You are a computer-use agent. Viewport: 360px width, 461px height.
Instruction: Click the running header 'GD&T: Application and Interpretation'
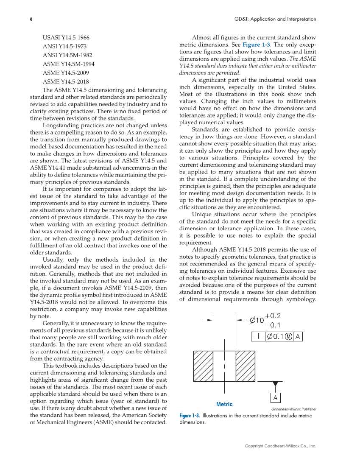[275, 19]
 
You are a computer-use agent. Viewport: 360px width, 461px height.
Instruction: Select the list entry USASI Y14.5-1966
[66, 37]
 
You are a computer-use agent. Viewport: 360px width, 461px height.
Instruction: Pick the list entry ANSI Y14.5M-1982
[67, 55]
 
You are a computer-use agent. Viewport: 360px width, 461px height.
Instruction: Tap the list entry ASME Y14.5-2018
[66, 81]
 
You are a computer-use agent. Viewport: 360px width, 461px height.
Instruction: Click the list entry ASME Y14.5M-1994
[69, 64]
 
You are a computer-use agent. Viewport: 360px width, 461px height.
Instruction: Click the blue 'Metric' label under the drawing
[224, 404]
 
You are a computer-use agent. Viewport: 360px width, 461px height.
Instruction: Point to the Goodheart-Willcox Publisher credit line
[293, 409]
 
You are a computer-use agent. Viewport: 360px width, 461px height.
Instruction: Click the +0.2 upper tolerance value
[273, 316]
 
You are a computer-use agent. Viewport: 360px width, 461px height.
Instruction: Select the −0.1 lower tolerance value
[273, 325]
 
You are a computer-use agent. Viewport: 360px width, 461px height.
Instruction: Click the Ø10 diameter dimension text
[257, 321]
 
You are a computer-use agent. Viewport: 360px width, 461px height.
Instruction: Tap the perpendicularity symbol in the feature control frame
[258, 337]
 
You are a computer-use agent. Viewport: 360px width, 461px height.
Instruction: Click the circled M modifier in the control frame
[288, 337]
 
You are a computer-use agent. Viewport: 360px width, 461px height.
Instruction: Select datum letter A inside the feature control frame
[298, 337]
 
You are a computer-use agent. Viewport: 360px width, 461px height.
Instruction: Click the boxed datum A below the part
[276, 398]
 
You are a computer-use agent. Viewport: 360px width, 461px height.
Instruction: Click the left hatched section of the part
[203, 366]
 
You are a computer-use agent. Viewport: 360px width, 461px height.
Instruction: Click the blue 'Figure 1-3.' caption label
[190, 416]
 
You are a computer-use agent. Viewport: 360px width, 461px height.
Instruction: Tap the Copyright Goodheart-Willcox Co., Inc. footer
[281, 446]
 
